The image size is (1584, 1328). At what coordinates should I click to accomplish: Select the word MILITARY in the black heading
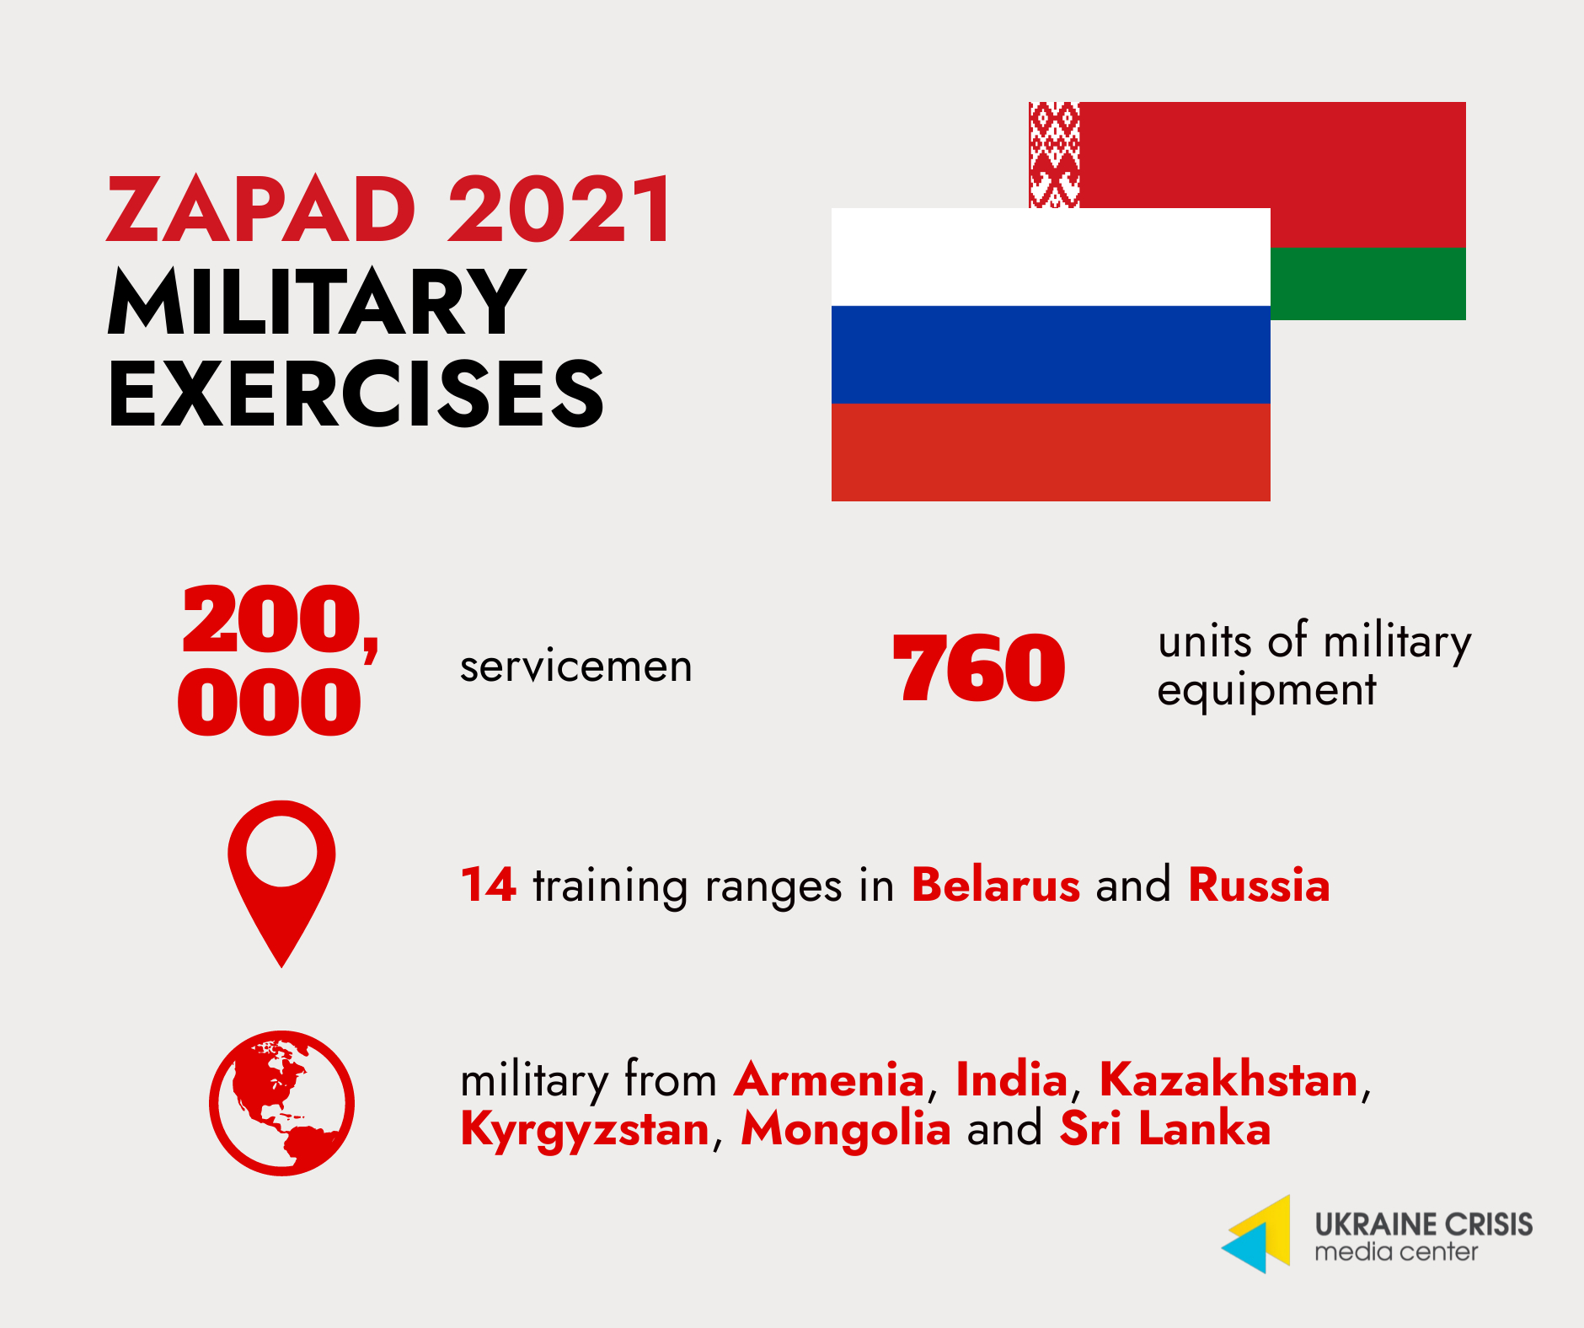pos(318,302)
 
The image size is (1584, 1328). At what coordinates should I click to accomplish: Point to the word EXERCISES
pos(356,393)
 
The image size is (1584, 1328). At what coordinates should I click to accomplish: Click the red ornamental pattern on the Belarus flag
pos(1054,155)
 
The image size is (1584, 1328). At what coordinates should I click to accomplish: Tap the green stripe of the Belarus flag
pos(1368,283)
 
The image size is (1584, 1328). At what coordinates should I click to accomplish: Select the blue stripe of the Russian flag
pos(1051,355)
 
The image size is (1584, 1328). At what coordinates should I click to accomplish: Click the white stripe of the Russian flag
pos(1051,257)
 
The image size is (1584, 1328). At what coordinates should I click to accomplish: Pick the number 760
pos(979,668)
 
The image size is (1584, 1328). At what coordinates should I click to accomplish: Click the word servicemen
pos(576,667)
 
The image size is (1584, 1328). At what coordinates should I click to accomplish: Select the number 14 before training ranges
pos(489,885)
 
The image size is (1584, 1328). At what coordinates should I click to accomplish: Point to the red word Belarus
pos(996,885)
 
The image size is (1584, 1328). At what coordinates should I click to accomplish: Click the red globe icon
pos(281,1103)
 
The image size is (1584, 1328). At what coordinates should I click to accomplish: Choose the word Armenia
pos(829,1079)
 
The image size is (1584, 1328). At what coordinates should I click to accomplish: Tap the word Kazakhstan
pos(1229,1079)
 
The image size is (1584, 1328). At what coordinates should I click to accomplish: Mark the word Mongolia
pos(846,1130)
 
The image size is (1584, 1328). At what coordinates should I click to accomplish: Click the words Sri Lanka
pos(1165,1128)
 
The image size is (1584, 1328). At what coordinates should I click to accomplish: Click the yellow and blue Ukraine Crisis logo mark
pos(1256,1234)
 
